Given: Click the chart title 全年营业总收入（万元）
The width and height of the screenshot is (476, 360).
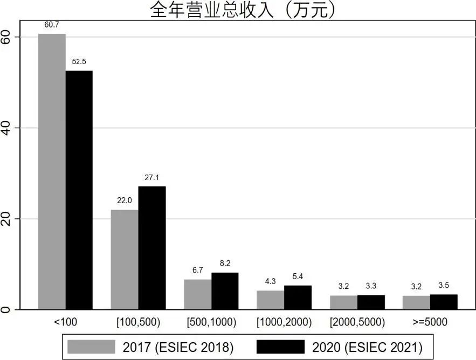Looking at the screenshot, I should click(x=243, y=10).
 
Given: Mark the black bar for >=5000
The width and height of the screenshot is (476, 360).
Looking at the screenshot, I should click(x=444, y=302).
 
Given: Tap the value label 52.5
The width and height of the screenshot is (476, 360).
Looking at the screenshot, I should click(x=79, y=62).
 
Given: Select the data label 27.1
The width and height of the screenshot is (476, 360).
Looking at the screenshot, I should click(x=152, y=177).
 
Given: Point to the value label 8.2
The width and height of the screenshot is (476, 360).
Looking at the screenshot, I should click(x=225, y=264).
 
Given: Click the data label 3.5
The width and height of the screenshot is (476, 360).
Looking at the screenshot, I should click(x=444, y=286).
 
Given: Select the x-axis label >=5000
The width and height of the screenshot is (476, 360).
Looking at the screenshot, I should click(x=430, y=322).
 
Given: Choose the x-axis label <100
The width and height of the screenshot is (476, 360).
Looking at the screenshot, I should click(x=66, y=322).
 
